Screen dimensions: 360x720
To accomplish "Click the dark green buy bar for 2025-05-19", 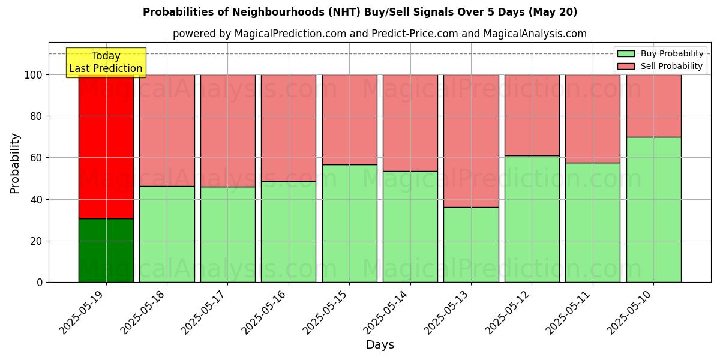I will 106,250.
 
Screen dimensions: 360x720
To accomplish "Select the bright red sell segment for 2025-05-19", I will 106,147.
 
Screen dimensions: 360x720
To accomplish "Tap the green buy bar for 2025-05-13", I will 471,245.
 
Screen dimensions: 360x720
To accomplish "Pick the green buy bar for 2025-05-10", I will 653,209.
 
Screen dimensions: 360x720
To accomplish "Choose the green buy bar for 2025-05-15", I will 349,223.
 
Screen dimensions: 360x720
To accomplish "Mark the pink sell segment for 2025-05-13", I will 471,141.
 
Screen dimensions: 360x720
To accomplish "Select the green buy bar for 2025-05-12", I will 532,219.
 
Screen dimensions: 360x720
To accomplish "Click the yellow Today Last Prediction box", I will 106,62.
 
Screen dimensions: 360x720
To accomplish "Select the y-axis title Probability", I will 15,163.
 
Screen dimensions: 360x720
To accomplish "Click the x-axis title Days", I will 380,345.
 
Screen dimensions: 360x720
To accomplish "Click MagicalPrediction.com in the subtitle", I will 287,34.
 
